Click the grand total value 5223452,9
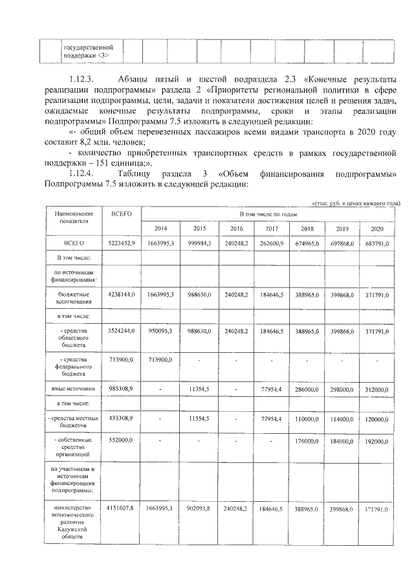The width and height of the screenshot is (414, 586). pos(121,243)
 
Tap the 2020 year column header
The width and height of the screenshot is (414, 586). pos(377,229)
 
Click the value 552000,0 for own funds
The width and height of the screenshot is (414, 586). pos(121,440)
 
